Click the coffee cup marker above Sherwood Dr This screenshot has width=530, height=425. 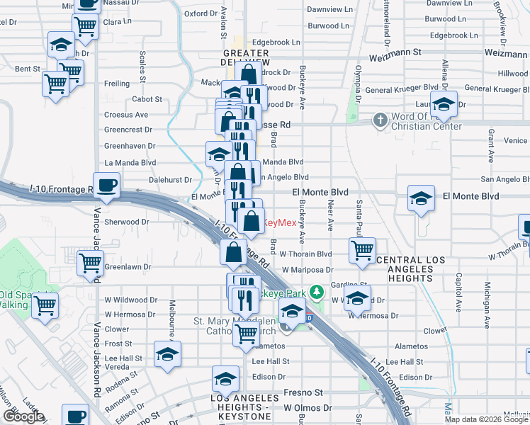(106, 186)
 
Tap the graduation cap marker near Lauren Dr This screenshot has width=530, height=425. (444, 104)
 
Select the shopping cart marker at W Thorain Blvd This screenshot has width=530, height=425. (362, 250)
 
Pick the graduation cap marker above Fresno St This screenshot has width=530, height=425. (226, 378)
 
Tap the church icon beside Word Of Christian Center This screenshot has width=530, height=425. (380, 120)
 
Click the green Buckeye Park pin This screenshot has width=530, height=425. (320, 291)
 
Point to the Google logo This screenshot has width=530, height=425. (23, 416)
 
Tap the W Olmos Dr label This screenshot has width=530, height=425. (308, 408)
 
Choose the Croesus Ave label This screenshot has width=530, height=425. (126, 114)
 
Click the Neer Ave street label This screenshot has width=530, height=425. (330, 215)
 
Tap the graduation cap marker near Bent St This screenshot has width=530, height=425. (62, 45)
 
